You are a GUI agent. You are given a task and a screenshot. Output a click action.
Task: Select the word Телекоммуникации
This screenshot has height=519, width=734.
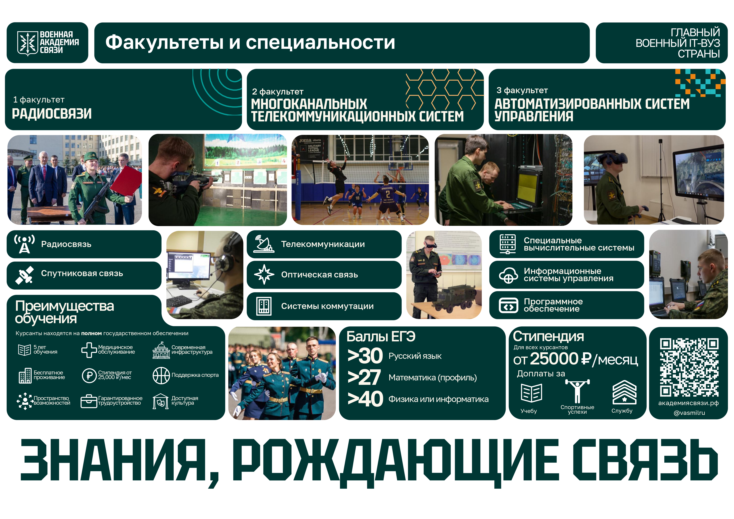(x=323, y=244)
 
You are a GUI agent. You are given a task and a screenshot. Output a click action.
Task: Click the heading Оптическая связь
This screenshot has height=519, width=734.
(x=319, y=275)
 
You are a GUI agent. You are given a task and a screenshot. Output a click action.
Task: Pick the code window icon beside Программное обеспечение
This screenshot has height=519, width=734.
(x=508, y=305)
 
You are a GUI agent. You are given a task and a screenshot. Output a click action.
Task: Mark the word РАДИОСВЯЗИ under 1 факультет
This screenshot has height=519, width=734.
(x=52, y=114)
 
